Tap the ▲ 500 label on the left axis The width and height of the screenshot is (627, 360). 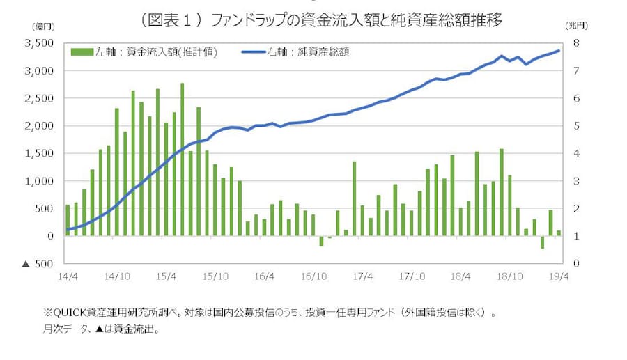[38, 264]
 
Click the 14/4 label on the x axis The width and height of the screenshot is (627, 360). [68, 276]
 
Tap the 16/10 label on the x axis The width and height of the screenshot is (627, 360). [313, 276]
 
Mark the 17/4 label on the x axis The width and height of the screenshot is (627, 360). [363, 276]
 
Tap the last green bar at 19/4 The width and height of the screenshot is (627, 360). [559, 233]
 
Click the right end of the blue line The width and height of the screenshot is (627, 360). [559, 51]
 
